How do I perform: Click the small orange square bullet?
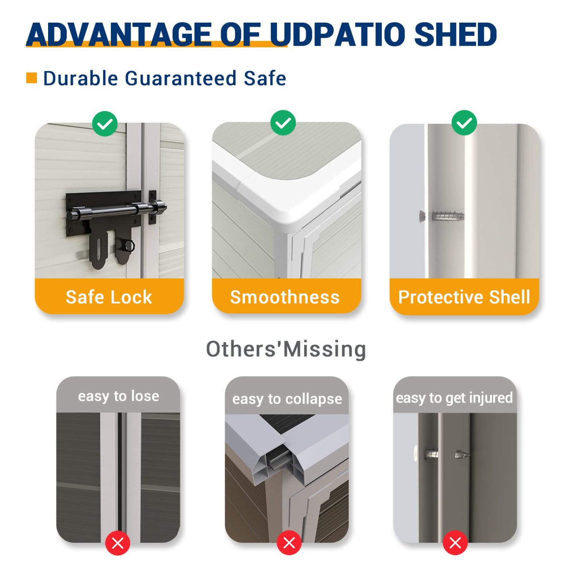(x=31, y=78)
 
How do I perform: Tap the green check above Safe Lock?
(x=104, y=124)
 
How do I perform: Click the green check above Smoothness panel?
(x=283, y=123)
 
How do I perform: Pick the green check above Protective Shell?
(x=464, y=123)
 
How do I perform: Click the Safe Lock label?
(x=109, y=297)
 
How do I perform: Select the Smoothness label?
(x=285, y=297)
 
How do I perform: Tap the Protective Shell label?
(x=464, y=297)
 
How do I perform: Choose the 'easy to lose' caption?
(x=118, y=396)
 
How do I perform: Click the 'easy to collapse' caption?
(x=287, y=399)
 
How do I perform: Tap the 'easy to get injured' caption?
(x=454, y=398)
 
